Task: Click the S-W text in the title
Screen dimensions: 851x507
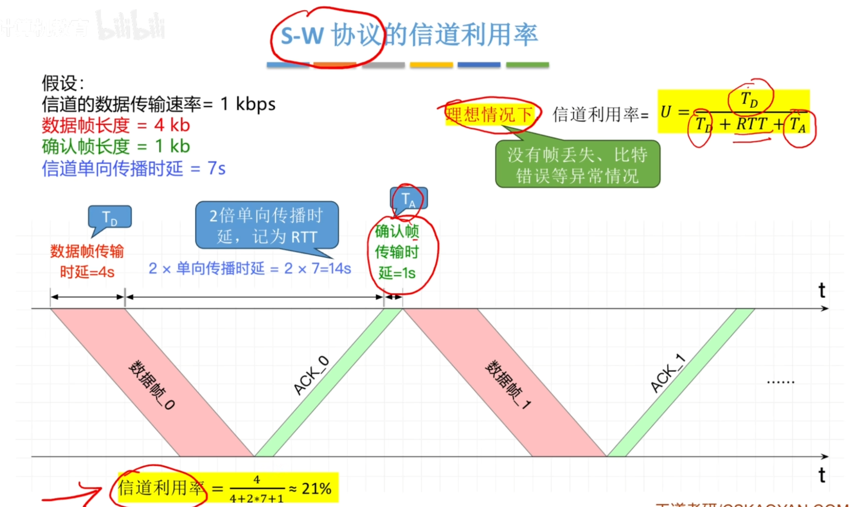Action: pyautogui.click(x=302, y=36)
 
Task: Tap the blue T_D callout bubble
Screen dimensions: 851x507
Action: pyautogui.click(x=110, y=217)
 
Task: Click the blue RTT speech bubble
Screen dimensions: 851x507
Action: pyautogui.click(x=267, y=225)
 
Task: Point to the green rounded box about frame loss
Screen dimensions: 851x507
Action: pyautogui.click(x=577, y=164)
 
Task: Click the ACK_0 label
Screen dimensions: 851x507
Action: pyautogui.click(x=311, y=375)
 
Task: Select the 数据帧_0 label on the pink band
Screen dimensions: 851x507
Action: pyautogui.click(x=152, y=384)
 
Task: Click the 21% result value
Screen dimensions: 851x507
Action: pyautogui.click(x=316, y=489)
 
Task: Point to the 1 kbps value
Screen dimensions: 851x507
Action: pyautogui.click(x=248, y=104)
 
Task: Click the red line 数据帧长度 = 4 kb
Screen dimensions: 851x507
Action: pyautogui.click(x=116, y=125)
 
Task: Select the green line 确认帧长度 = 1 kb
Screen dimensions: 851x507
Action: pyautogui.click(x=116, y=146)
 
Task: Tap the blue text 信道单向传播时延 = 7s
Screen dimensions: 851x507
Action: pyautogui.click(x=133, y=168)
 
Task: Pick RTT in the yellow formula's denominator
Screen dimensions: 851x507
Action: pyautogui.click(x=752, y=124)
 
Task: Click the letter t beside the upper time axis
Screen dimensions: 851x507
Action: pyautogui.click(x=821, y=290)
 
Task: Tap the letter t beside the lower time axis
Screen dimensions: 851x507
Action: pyautogui.click(x=821, y=475)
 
